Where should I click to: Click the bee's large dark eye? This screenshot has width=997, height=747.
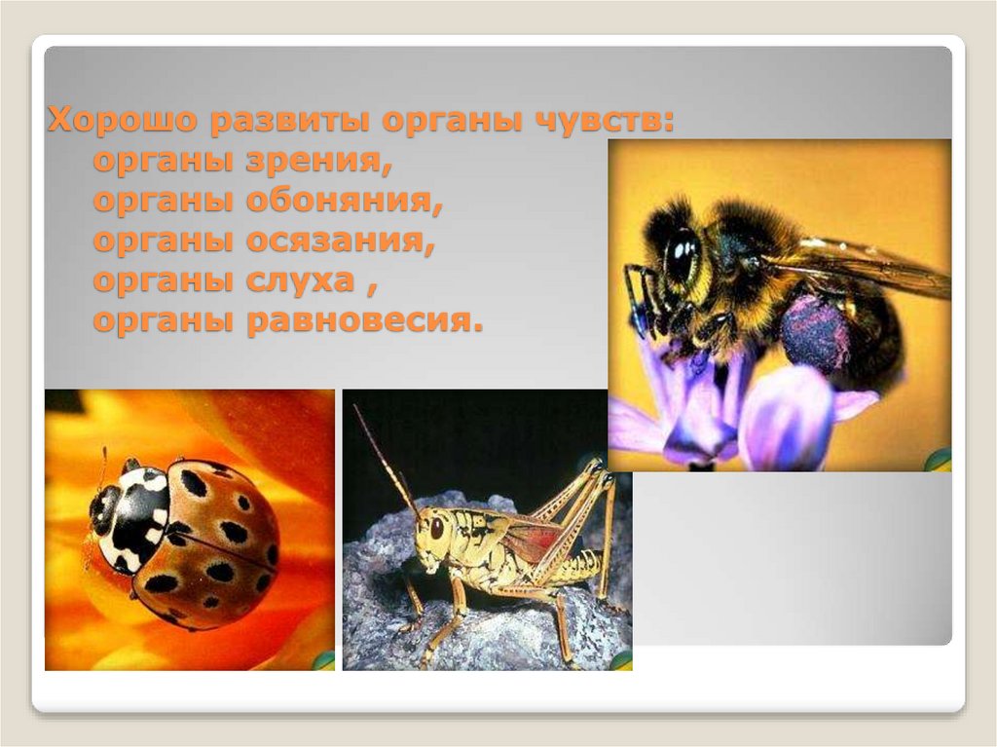tap(681, 255)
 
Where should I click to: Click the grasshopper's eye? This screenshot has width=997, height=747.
tap(437, 527)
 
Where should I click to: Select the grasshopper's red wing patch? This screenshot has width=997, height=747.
tap(534, 539)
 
